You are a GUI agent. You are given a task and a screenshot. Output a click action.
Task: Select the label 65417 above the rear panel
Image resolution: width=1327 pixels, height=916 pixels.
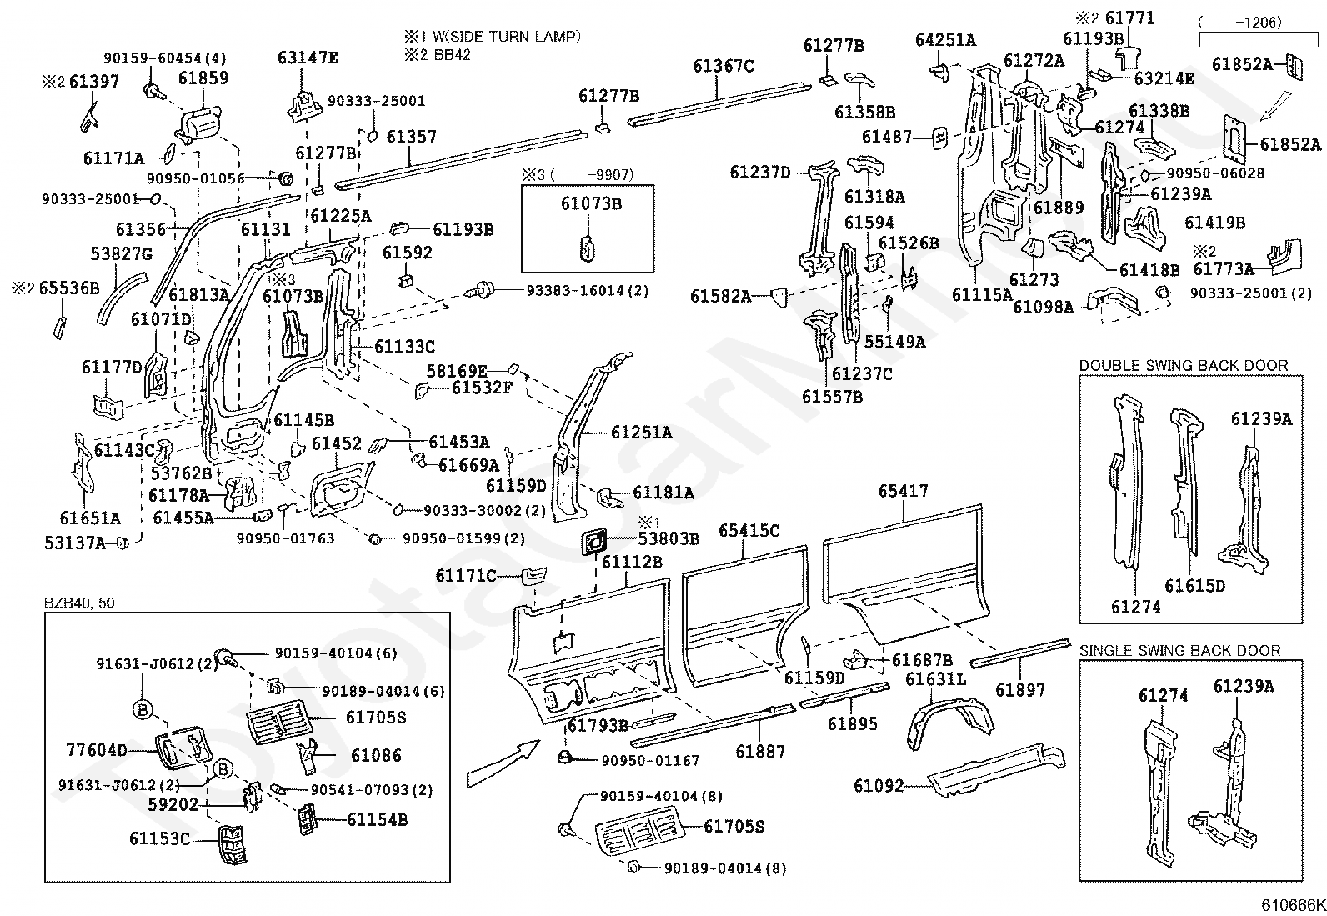click(902, 492)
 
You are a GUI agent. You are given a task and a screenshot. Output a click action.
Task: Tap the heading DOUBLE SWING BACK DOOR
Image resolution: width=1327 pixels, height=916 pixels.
click(1184, 365)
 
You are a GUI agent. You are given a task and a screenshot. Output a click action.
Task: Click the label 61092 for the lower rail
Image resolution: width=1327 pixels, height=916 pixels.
click(879, 785)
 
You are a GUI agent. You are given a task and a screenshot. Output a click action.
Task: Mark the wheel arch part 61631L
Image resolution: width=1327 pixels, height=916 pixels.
click(936, 679)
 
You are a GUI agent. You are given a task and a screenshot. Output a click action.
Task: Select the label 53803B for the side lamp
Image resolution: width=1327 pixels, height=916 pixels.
click(669, 538)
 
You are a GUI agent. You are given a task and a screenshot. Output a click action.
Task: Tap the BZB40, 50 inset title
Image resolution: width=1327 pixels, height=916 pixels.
click(79, 603)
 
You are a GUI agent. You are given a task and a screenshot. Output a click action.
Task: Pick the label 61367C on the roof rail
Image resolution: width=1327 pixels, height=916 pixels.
click(724, 65)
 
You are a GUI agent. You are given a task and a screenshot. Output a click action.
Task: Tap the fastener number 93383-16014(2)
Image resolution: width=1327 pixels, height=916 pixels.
click(587, 290)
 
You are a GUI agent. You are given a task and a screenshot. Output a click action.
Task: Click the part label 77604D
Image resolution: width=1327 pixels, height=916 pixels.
click(97, 750)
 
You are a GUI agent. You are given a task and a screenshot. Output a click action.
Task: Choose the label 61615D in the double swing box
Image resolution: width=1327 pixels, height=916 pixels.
click(1195, 586)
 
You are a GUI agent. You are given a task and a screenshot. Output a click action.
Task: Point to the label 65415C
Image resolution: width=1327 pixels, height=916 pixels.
click(749, 529)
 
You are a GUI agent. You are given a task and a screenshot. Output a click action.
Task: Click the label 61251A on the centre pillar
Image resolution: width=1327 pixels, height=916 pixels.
click(641, 432)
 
